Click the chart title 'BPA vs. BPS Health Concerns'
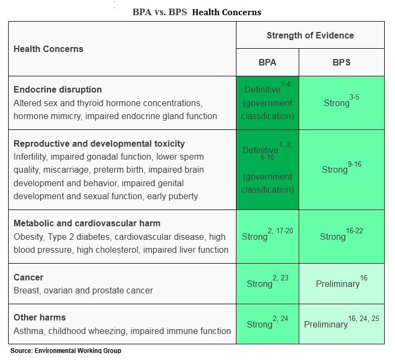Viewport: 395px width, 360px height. [x=197, y=12]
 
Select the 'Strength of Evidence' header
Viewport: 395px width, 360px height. [x=310, y=36]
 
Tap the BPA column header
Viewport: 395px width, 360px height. [x=267, y=62]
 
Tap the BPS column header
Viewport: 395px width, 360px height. [x=341, y=62]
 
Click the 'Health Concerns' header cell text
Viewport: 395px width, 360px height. [x=48, y=49]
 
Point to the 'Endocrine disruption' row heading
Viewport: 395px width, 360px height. [x=57, y=89]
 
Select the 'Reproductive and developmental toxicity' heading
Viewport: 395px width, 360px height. [x=99, y=143]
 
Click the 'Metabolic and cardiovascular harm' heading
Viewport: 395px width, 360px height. [x=87, y=223]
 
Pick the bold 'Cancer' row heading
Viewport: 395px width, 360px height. [x=29, y=277]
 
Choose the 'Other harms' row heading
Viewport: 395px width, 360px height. [x=40, y=317]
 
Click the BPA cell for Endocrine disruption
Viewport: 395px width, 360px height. [x=267, y=102]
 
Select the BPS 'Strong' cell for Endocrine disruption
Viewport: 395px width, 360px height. [x=341, y=102]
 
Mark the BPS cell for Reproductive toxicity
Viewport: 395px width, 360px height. [x=341, y=169]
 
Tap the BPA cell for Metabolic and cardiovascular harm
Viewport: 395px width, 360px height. [x=267, y=237]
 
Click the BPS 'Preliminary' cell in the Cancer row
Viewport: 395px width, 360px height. [x=341, y=284]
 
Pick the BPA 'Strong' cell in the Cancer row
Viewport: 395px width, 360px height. [x=267, y=284]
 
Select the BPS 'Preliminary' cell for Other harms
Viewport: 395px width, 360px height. [x=341, y=324]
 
